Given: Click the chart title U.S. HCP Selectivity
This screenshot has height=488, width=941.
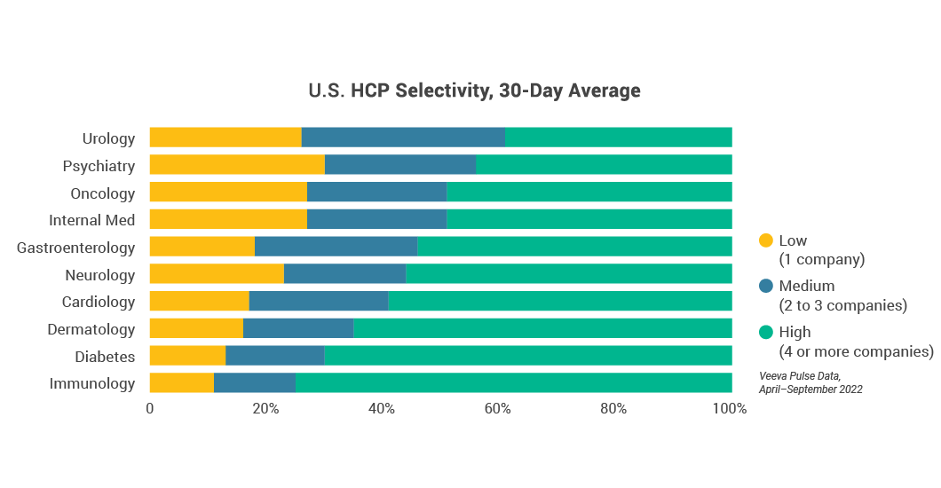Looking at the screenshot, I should point(474,91).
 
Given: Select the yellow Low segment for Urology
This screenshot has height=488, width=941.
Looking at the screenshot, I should point(225,138).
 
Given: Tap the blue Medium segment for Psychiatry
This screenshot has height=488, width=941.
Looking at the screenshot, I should point(400,165).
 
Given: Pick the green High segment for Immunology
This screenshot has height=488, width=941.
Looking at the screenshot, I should point(514,383).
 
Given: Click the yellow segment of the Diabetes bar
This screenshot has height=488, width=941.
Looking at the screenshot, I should point(187,356).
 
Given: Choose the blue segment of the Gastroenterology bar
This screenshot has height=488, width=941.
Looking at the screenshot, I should point(336,247).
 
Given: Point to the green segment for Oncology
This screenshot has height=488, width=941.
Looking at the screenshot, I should point(589,193).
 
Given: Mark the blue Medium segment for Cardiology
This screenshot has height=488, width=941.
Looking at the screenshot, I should point(319,302).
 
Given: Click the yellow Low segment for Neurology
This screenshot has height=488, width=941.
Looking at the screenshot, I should point(217,274).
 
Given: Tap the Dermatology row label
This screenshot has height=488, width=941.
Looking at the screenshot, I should point(91,329).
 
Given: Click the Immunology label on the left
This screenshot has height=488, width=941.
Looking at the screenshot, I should point(92,383).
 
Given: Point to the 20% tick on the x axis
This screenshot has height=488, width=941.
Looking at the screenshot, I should point(265,409).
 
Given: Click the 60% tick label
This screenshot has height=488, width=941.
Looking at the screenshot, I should point(497,409).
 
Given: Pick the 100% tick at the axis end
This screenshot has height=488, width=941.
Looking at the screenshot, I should point(731,409).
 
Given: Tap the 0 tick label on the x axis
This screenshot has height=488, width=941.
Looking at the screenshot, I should point(149,409).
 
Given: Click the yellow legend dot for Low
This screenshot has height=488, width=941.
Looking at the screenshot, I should point(766,240).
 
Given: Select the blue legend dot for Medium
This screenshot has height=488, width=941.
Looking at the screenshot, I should point(766,286).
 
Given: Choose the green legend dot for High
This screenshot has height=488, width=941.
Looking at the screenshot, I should point(766,332).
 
